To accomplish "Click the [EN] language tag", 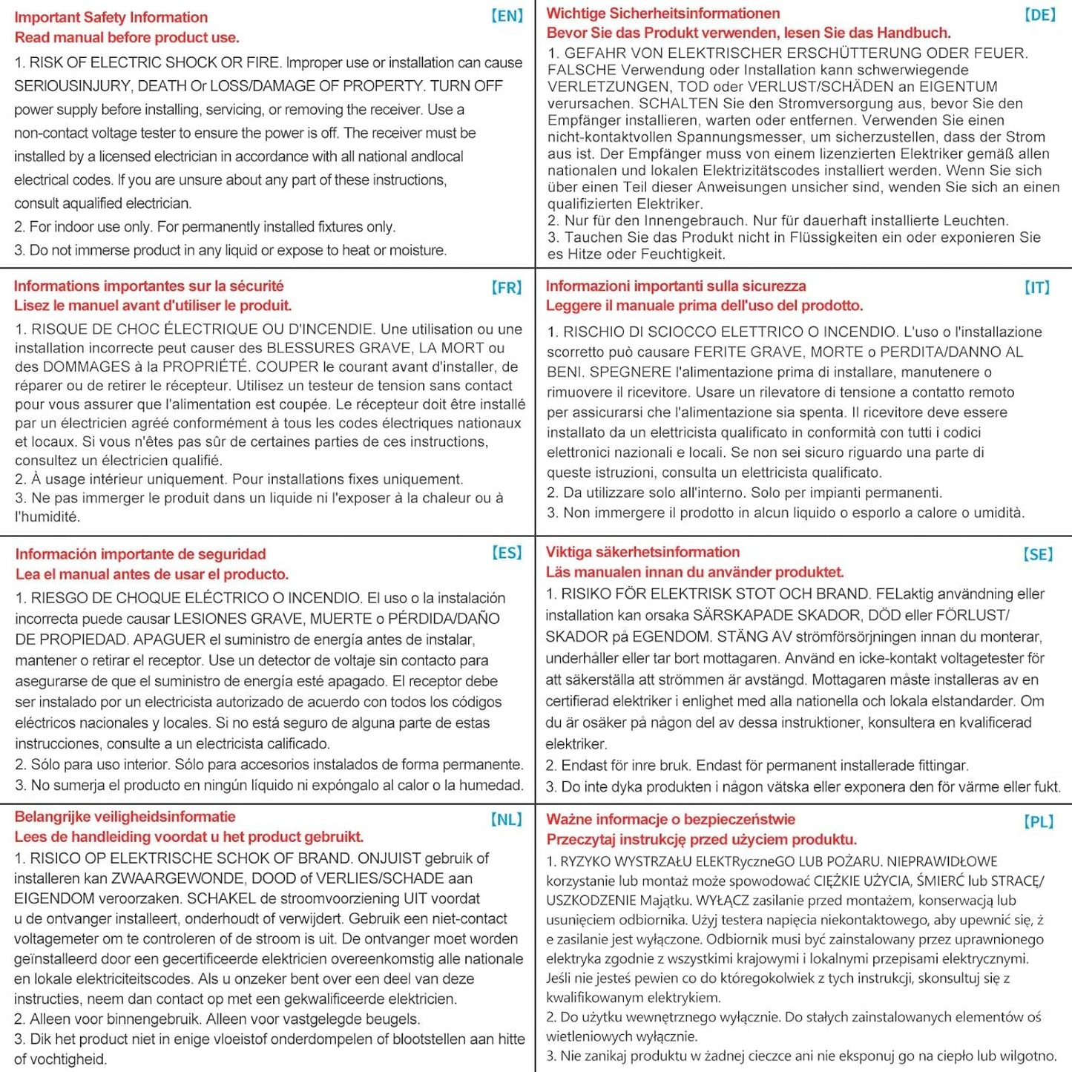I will pyautogui.click(x=507, y=16).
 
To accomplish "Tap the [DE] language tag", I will pyautogui.click(x=1039, y=14).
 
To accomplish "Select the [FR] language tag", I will pyautogui.click(x=507, y=287).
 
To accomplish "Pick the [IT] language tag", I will pyautogui.click(x=1037, y=287).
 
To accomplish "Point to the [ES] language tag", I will pyautogui.click(x=507, y=553).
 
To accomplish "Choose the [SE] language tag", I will pyautogui.click(x=1038, y=554).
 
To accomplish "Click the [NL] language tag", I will pyautogui.click(x=507, y=819).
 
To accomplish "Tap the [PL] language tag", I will pyautogui.click(x=1039, y=821).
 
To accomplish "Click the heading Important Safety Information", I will pyautogui.click(x=111, y=17).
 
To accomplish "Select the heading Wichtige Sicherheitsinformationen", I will pyautogui.click(x=663, y=13).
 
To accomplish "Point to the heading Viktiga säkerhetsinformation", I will pyautogui.click(x=642, y=552).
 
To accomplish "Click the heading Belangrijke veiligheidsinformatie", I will pyautogui.click(x=125, y=817).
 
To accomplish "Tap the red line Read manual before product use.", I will pyautogui.click(x=127, y=37).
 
